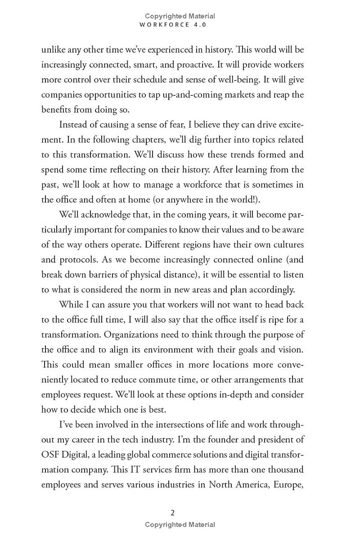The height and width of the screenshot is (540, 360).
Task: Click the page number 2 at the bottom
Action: coord(173,513)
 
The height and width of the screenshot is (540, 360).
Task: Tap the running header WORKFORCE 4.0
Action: coord(173,25)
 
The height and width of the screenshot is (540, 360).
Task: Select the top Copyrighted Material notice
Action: coord(180,16)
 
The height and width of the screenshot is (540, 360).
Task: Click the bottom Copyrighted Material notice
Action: coord(180,525)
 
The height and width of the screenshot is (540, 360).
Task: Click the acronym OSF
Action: coord(50,454)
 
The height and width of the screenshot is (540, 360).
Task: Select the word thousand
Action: coord(285,469)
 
